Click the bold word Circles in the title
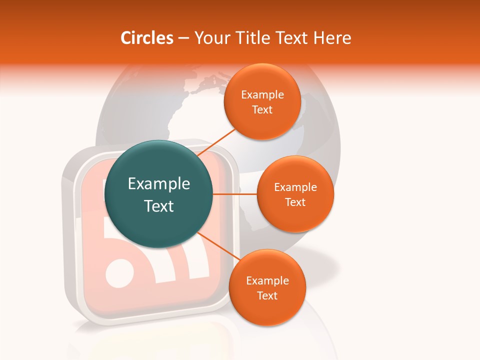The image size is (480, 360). pyautogui.click(x=146, y=38)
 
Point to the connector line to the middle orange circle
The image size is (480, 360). pyautogui.click(x=235, y=193)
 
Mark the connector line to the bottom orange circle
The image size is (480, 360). pyautogui.click(x=217, y=246)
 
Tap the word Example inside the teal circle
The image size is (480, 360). pyautogui.click(x=159, y=184)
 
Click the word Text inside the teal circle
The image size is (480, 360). pyautogui.click(x=159, y=206)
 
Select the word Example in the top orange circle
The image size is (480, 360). pyautogui.click(x=262, y=95)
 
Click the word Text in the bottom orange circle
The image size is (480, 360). pyautogui.click(x=267, y=295)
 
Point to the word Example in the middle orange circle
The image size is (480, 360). pyautogui.click(x=295, y=187)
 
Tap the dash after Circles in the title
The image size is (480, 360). pyautogui.click(x=183, y=38)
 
